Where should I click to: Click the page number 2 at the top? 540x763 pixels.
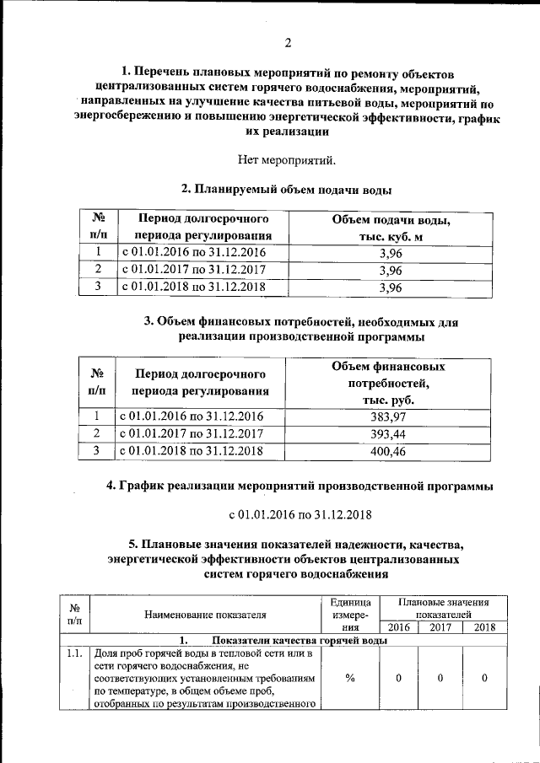pyautogui.click(x=288, y=43)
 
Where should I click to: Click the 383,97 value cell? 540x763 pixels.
pyautogui.click(x=388, y=416)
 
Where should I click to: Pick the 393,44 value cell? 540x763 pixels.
pyautogui.click(x=388, y=433)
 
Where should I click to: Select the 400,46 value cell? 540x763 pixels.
pyautogui.click(x=388, y=451)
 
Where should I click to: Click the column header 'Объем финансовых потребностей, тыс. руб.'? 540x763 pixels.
pyautogui.click(x=388, y=383)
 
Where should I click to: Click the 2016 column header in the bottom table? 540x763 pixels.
pyautogui.click(x=398, y=626)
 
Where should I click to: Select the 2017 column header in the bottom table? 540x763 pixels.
pyautogui.click(x=440, y=626)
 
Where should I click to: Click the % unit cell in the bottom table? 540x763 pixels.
pyautogui.click(x=350, y=679)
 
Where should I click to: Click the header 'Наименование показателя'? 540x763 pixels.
pyautogui.click(x=205, y=615)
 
